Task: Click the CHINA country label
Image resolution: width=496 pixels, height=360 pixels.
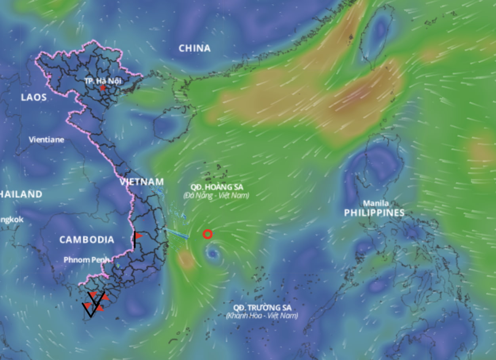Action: pyautogui.click(x=195, y=48)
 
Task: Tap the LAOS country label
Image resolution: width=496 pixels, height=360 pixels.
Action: pyautogui.click(x=34, y=97)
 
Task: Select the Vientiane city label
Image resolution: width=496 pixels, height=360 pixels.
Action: pyautogui.click(x=46, y=140)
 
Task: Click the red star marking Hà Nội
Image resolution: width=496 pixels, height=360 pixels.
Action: pyautogui.click(x=103, y=88)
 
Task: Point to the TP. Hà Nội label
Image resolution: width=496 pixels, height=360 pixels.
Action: pyautogui.click(x=103, y=81)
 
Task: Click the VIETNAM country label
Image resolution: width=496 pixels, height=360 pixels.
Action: pyautogui.click(x=141, y=182)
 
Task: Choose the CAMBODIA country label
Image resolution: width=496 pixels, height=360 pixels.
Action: pyautogui.click(x=87, y=239)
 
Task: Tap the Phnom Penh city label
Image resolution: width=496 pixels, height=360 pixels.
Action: pyautogui.click(x=86, y=260)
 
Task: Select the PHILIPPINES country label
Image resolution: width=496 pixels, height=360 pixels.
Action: pyautogui.click(x=374, y=213)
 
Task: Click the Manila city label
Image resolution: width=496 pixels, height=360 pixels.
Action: pyautogui.click(x=376, y=203)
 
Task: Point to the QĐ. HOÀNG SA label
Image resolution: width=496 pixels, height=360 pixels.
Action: pyautogui.click(x=216, y=187)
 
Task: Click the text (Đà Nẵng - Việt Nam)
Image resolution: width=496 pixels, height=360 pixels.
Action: pyautogui.click(x=216, y=195)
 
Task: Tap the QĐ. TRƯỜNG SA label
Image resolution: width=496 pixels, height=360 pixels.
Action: pyautogui.click(x=262, y=308)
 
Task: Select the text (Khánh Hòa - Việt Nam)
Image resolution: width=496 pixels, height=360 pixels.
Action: pyautogui.click(x=262, y=316)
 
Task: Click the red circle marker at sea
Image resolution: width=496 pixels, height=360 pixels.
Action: pyautogui.click(x=207, y=234)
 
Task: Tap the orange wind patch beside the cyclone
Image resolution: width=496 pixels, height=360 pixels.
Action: pyautogui.click(x=185, y=260)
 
